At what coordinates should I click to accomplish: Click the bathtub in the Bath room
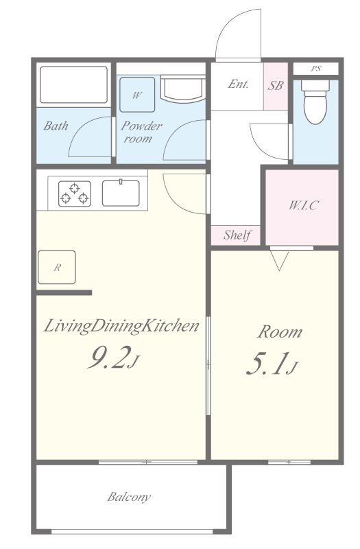pyautogui.click(x=73, y=85)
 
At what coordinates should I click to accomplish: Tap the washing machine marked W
pyautogui.click(x=137, y=95)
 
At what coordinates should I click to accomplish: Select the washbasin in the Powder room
pyautogui.click(x=183, y=89)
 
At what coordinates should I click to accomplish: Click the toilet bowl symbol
pyautogui.click(x=315, y=102)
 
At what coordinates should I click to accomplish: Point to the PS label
pyautogui.click(x=316, y=69)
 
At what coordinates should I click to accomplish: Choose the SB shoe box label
pyautogui.click(x=276, y=85)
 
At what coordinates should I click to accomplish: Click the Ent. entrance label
pyautogui.click(x=238, y=84)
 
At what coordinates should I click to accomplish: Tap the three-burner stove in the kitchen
pyautogui.click(x=75, y=194)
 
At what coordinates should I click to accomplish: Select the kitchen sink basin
pyautogui.click(x=121, y=193)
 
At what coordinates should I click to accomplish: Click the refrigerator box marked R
pyautogui.click(x=57, y=267)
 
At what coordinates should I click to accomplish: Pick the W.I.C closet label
pyautogui.click(x=303, y=205)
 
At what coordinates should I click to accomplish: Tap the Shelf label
pyautogui.click(x=237, y=235)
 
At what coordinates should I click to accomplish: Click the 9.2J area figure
pyautogui.click(x=114, y=358)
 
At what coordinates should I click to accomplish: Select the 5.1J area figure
pyautogui.click(x=272, y=364)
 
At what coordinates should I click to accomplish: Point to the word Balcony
pyautogui.click(x=129, y=497)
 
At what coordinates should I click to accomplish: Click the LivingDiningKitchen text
pyautogui.click(x=121, y=327)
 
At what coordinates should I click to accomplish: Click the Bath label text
pyautogui.click(x=56, y=126)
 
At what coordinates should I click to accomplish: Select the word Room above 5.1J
pyautogui.click(x=280, y=332)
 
